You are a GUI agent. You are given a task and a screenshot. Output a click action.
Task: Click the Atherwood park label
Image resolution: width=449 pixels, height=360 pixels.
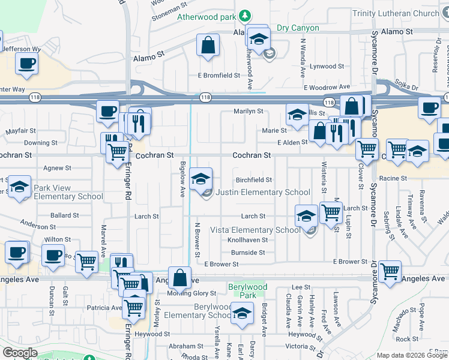(206, 17)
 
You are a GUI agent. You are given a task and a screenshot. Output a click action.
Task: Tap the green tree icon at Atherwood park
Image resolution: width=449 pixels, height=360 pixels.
(244, 15)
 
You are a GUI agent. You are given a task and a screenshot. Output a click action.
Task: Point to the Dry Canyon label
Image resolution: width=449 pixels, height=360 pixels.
(298, 28)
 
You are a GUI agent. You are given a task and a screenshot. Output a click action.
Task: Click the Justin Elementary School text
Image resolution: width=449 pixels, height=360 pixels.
(262, 193)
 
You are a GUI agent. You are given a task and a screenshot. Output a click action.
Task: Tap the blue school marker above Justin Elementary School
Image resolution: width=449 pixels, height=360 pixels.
(201, 178)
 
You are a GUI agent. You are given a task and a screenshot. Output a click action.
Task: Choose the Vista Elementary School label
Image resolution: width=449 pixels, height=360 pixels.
(255, 230)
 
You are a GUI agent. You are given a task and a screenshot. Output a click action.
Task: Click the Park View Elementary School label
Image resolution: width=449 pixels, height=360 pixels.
(60, 192)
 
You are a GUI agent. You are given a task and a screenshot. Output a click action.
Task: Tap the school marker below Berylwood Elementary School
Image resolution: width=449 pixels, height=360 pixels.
(242, 314)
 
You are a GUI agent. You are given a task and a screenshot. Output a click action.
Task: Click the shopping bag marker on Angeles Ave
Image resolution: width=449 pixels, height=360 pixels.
(179, 277)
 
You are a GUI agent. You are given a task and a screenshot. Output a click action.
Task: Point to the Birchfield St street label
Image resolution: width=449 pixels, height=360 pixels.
(253, 180)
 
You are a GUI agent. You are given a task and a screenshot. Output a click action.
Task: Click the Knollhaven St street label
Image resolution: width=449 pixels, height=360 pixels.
(247, 240)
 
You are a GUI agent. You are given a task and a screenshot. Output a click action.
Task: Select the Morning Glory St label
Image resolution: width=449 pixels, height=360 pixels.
(191, 293)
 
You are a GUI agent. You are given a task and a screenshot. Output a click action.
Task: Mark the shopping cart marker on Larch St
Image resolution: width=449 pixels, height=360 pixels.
(331, 212)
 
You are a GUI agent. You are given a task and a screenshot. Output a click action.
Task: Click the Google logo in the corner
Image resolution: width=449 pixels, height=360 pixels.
(20, 353)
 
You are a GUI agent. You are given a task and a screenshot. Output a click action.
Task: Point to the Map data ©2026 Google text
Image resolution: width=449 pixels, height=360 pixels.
(412, 355)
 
